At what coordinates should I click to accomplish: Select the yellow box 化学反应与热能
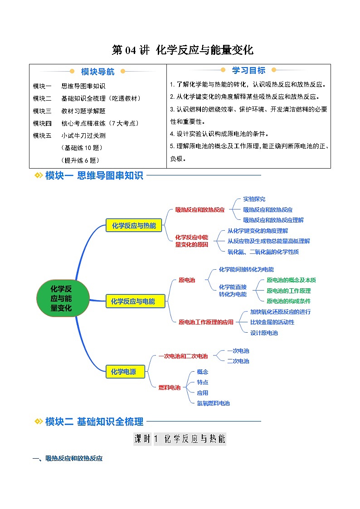tap(133, 226)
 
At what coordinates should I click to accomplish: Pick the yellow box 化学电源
tap(121, 372)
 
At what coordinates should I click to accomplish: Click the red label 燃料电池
tap(169, 388)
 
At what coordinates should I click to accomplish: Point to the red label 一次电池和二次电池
tap(183, 356)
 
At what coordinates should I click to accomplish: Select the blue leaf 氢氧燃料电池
tap(213, 403)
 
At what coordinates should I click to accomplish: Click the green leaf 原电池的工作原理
tap(288, 291)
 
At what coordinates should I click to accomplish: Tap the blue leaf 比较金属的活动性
tap(272, 322)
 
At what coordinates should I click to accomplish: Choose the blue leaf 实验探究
tap(254, 199)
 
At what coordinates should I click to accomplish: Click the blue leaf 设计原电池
tap(264, 333)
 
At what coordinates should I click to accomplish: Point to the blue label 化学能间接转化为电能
tap(246, 270)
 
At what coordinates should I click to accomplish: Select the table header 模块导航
tap(97, 72)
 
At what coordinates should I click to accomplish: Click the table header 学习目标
tap(248, 70)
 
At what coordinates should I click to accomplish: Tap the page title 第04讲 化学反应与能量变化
tap(182, 50)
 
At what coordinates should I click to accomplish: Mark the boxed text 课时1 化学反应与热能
tap(180, 439)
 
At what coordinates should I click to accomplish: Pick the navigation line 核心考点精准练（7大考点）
tap(100, 123)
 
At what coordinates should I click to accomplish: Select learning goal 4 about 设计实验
tap(219, 134)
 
